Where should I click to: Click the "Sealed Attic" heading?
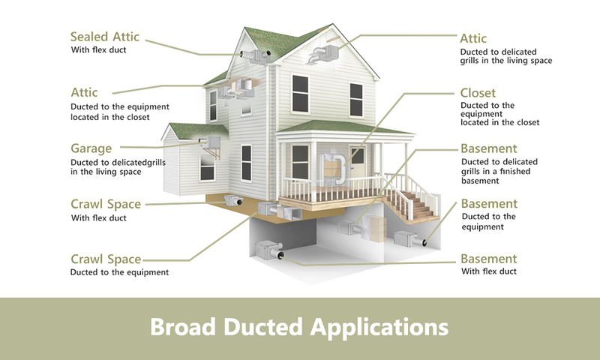[x=104, y=37]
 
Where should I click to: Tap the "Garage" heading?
[x=91, y=148]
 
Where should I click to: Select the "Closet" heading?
[x=478, y=93]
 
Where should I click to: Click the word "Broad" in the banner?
[x=182, y=327]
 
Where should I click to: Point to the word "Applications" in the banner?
[x=379, y=328]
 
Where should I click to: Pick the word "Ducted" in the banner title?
[x=263, y=327]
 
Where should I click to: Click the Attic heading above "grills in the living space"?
[x=473, y=38]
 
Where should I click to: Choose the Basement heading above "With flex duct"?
[x=489, y=259]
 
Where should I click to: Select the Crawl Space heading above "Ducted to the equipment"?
[x=106, y=259]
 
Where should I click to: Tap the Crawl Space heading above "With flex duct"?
[x=106, y=204]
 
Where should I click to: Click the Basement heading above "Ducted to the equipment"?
[x=489, y=203]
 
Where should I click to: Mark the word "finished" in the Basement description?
[x=514, y=171]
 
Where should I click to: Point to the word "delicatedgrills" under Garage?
[x=139, y=162]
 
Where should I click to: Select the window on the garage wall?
[x=207, y=167]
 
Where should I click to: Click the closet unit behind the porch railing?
[x=333, y=168]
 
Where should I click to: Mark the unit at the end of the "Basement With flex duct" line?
[x=269, y=250]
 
